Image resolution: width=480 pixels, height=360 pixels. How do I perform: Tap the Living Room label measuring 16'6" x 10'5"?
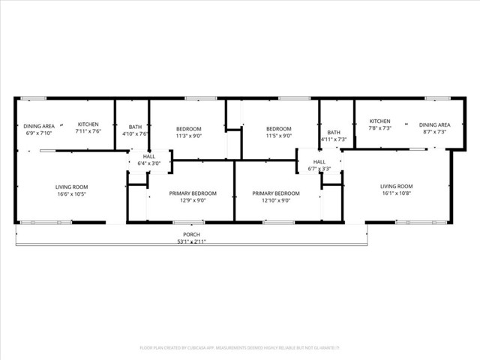pyautogui.click(x=71, y=187)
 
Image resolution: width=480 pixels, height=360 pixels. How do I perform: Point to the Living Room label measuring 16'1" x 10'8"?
pyautogui.click(x=396, y=186)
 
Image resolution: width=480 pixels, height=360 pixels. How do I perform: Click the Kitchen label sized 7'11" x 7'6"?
pyautogui.click(x=88, y=124)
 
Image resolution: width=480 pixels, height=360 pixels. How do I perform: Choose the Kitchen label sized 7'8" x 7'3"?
pyautogui.click(x=379, y=121)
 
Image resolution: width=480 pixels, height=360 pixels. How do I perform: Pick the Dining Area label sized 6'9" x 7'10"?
pyautogui.click(x=38, y=126)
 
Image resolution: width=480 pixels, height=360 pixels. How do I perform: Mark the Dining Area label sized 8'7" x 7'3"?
pyautogui.click(x=434, y=124)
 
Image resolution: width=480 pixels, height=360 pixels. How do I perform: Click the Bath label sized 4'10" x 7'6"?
pyautogui.click(x=135, y=127)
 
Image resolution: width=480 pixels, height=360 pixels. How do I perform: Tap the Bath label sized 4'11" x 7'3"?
pyautogui.click(x=334, y=132)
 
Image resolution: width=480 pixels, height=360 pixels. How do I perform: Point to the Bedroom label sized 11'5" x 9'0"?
pyautogui.click(x=278, y=128)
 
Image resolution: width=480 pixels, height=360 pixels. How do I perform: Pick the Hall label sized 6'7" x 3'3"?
pyautogui.click(x=319, y=161)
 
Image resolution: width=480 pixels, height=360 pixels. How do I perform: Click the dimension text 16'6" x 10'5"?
pyautogui.click(x=71, y=193)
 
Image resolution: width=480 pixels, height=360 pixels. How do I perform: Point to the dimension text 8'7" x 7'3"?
pyautogui.click(x=434, y=131)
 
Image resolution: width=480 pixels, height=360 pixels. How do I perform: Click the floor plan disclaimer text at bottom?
pyautogui.click(x=240, y=347)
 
